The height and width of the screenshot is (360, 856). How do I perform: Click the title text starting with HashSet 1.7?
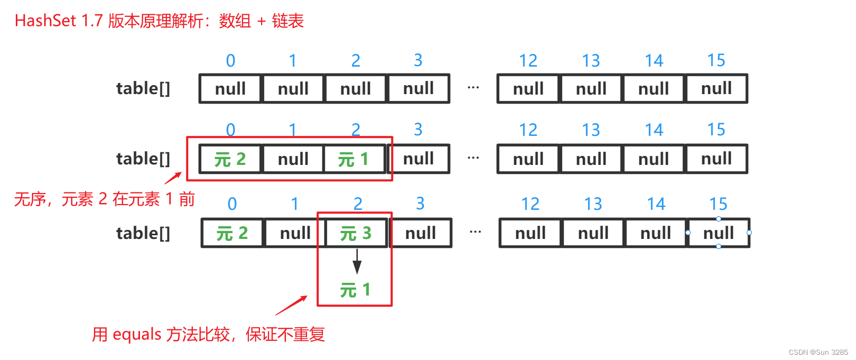(159, 21)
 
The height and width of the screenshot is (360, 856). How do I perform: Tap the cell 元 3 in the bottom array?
(356, 233)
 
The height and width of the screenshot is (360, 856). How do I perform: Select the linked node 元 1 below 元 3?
(355, 290)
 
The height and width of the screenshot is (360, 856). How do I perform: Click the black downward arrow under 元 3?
(357, 261)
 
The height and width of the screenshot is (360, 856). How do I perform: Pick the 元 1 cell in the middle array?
(353, 159)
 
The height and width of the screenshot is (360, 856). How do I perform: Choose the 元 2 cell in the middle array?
(230, 159)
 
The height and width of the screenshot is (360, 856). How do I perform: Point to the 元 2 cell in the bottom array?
(232, 233)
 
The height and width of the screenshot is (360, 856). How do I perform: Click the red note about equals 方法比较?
(208, 334)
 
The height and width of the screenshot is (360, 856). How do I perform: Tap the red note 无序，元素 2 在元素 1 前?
(104, 199)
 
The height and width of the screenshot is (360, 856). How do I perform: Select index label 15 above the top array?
(716, 60)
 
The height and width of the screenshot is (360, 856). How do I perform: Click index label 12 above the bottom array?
(530, 204)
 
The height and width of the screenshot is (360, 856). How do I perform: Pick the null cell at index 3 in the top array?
(418, 88)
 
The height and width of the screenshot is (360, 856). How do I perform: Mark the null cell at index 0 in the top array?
(230, 88)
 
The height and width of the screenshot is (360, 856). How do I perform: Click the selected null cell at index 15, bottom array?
(719, 233)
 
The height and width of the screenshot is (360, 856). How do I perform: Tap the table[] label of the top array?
(143, 88)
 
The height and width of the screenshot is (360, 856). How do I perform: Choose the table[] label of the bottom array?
(143, 233)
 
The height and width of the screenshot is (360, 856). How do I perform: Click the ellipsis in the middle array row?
(473, 158)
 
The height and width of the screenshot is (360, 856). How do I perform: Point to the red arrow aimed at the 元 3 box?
(291, 305)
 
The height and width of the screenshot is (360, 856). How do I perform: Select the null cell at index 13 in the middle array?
(591, 159)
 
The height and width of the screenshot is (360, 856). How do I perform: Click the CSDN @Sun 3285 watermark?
(818, 352)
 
